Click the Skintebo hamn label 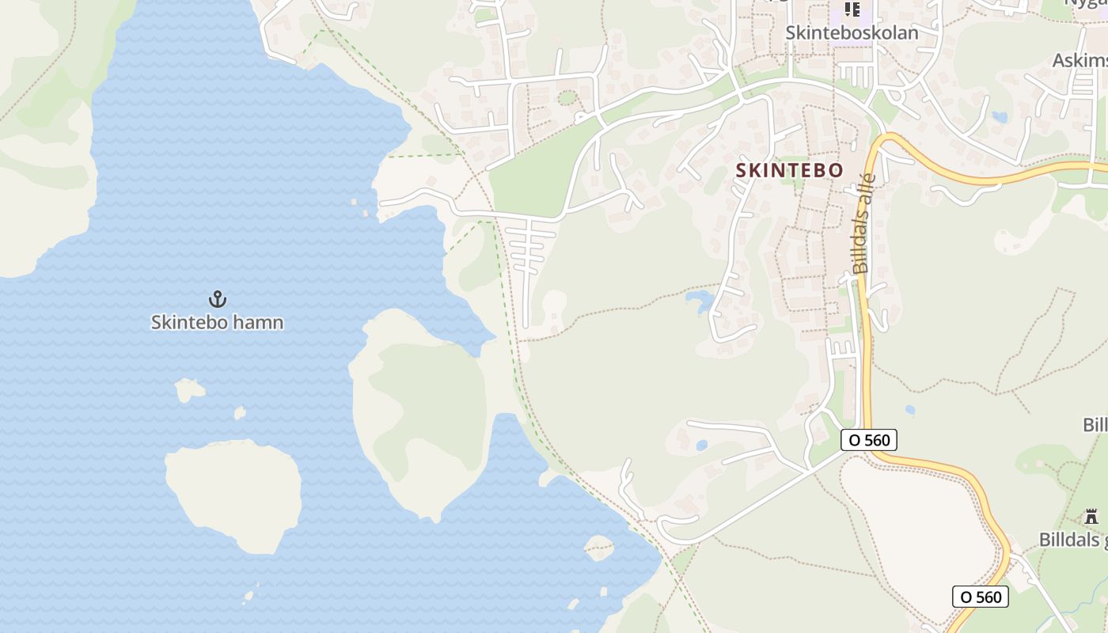[x=217, y=322]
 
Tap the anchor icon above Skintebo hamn [x=217, y=299]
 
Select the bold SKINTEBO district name [x=789, y=170]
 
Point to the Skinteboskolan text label [x=852, y=32]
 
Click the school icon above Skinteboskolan [x=852, y=9]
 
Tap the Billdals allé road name [x=863, y=223]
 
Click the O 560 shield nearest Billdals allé [x=869, y=440]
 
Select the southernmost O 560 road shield [x=981, y=597]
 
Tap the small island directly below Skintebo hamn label [x=189, y=389]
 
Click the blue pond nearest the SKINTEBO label [x=700, y=299]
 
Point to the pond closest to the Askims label [x=1000, y=117]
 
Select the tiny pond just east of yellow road [x=910, y=410]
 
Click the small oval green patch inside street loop [x=567, y=98]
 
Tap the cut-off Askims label [x=1080, y=61]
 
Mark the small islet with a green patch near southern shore [x=598, y=547]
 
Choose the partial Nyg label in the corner [x=1085, y=3]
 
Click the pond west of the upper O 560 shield [x=701, y=445]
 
